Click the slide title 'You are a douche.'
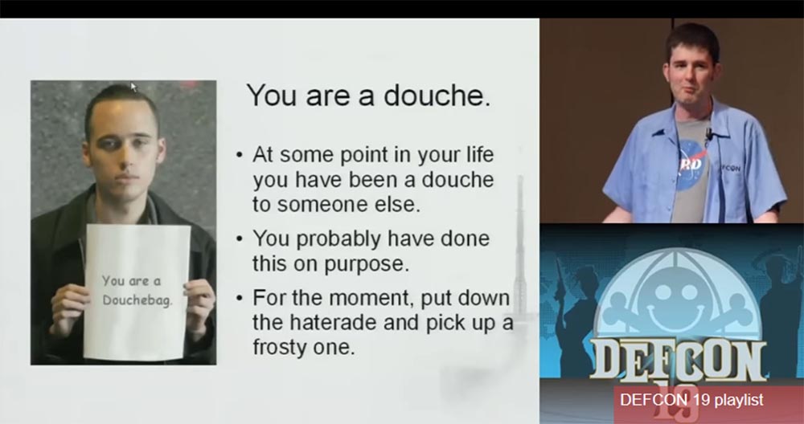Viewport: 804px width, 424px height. (368, 96)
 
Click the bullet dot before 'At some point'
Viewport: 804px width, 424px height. (240, 155)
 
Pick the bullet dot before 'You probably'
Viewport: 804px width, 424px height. (240, 239)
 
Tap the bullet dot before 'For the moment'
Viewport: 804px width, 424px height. (240, 297)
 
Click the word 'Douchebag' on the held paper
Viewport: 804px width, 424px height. (137, 300)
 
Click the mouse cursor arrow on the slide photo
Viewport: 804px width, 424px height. (133, 87)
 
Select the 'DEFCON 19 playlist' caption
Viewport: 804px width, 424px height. (691, 400)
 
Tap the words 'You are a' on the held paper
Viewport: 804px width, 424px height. (131, 280)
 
